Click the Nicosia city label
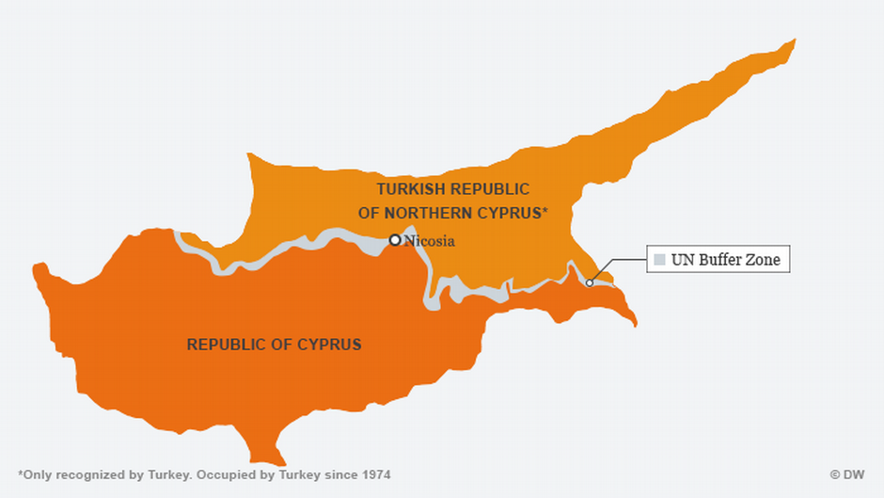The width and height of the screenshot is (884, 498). pos(429,241)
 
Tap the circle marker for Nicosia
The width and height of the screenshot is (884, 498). pos(395,240)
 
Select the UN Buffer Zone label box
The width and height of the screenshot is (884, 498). pos(718,259)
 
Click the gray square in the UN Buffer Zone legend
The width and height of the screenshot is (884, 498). pos(659,260)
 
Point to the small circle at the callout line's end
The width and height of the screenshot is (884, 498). pos(590,282)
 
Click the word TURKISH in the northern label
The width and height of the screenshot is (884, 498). pos(407,189)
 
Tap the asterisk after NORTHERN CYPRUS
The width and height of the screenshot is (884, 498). pos(544,213)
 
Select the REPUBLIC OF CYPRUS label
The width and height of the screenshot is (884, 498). pos(274,345)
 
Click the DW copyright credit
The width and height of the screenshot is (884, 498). pos(846,475)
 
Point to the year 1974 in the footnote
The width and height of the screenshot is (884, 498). pos(376,475)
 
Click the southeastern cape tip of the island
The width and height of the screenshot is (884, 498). pos(635,325)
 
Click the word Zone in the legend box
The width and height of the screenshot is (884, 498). pos(763,260)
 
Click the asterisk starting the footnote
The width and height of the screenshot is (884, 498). pos(20,474)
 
